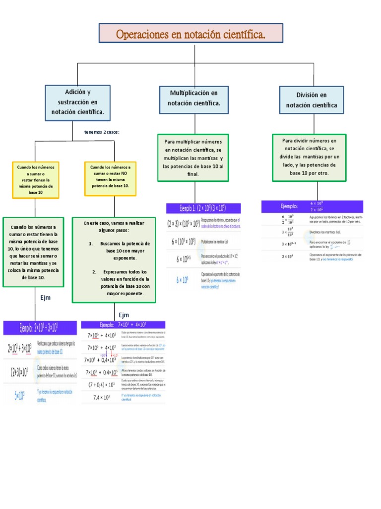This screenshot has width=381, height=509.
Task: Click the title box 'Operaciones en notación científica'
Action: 191,34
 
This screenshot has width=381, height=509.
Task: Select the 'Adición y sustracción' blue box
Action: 77,102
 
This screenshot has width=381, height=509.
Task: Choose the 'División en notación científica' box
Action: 311,100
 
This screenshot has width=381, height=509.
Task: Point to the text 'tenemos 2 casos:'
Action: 102,132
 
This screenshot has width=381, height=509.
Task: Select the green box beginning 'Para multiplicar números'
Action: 193,158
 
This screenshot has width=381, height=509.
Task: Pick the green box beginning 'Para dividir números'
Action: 309,157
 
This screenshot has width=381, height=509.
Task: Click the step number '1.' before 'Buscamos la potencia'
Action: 91,244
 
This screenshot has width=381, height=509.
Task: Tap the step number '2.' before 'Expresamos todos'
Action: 94,272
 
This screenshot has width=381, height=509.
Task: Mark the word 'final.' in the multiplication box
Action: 193,174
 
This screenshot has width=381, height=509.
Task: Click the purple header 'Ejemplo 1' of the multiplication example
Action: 203,208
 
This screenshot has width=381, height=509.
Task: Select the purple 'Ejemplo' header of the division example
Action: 312,206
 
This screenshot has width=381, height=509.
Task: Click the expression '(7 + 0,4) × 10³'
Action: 102,384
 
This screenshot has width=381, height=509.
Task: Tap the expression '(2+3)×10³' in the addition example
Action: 19,370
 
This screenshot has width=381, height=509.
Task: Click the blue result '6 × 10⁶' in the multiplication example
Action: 183,280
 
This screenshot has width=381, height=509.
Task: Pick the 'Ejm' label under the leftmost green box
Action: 46,298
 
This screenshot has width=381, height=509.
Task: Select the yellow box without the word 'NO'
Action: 36,180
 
